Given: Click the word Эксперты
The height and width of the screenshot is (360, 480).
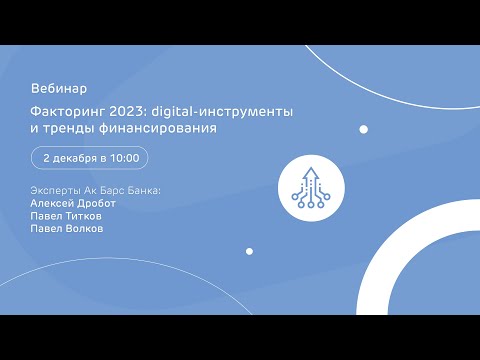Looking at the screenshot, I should point(56,190).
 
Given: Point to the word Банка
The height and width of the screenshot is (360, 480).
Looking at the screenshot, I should point(141,190).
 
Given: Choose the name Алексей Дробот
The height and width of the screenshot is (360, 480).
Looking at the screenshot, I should point(73,203).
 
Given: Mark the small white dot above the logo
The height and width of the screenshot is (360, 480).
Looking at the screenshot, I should point(364,129).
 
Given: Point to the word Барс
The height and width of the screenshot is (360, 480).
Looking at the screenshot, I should point(110,190).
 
